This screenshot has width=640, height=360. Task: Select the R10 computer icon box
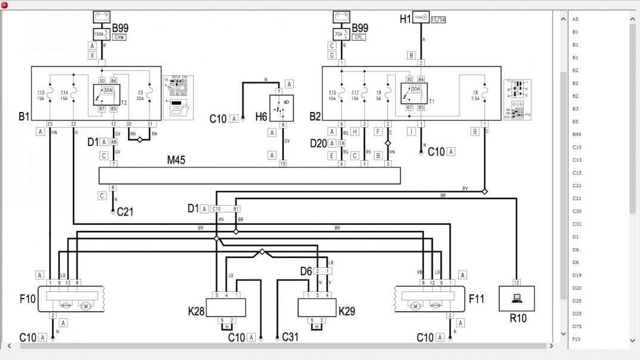pyautogui.click(x=516, y=298)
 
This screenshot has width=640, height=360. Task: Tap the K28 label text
pyautogui.click(x=197, y=311)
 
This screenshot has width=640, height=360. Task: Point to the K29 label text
pyautogui.click(x=347, y=311)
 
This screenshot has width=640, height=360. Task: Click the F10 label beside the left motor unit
pyautogui.click(x=27, y=299)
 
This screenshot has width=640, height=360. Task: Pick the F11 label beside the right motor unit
pyautogui.click(x=477, y=299)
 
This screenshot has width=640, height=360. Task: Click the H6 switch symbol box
pyautogui.click(x=278, y=108)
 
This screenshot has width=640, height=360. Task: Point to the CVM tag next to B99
pyautogui.click(x=120, y=37)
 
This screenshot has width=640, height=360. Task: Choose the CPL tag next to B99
pyautogui.click(x=359, y=37)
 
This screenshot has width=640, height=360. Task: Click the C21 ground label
pyautogui.click(x=125, y=212)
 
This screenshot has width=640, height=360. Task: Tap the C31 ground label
pyautogui.click(x=290, y=337)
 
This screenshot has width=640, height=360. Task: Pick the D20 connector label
pyautogui.click(x=318, y=143)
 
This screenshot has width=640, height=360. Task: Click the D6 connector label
pyautogui.click(x=306, y=271)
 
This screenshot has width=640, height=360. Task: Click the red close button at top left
pyautogui.click(x=5, y=5)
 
